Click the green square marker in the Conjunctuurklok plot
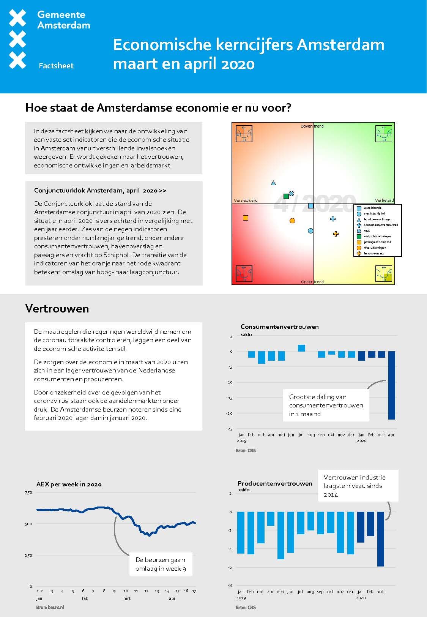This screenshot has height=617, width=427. tap(286, 196)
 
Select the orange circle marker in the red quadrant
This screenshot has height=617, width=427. tap(292, 221)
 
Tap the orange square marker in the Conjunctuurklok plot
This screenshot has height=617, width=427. tap(246, 218)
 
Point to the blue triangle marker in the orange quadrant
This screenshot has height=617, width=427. tap(274, 183)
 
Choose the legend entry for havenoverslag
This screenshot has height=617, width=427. tap(373, 253)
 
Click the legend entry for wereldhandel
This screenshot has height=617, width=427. tap(373, 208)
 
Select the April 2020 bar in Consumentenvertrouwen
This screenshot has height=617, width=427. tap(391, 385)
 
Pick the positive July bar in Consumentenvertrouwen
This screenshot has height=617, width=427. tap(301, 348)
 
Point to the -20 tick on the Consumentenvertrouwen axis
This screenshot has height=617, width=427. tap(230, 413)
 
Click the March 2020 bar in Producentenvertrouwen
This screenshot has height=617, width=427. tap(380, 539)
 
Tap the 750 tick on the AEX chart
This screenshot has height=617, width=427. tap(28, 492)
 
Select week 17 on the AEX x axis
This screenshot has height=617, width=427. tap(194, 591)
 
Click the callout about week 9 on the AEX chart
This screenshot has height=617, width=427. tap(161, 564)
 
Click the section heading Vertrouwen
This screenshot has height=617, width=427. tap(57, 309)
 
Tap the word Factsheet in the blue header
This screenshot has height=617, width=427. tap(56, 66)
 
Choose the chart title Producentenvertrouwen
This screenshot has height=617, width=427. tap(275, 483)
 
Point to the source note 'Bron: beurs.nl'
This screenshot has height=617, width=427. tap(50, 607)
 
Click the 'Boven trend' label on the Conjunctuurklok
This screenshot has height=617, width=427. tap(312, 126)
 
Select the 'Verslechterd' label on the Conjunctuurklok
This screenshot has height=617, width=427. tap(246, 200)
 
